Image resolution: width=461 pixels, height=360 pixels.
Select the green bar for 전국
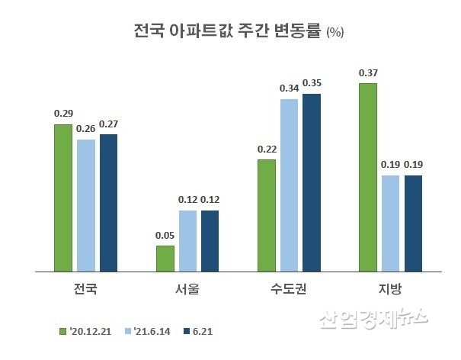(63, 198)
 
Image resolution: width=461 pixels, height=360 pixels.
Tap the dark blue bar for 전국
(109, 202)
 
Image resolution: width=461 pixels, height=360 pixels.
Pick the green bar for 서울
(165, 258)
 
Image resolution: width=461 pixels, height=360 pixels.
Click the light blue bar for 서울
(187, 240)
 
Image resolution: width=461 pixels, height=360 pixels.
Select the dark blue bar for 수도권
(312, 182)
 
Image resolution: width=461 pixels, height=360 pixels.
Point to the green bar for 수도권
(266, 215)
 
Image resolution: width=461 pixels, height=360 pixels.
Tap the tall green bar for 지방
(367, 177)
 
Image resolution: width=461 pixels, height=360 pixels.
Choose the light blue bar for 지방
(390, 223)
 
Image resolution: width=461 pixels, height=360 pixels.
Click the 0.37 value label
(367, 73)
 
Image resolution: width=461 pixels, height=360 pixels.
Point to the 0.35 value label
(312, 83)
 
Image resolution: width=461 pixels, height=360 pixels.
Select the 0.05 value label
(165, 236)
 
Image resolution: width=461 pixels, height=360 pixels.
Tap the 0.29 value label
(63, 114)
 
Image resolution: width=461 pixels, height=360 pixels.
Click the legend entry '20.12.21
(88, 331)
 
